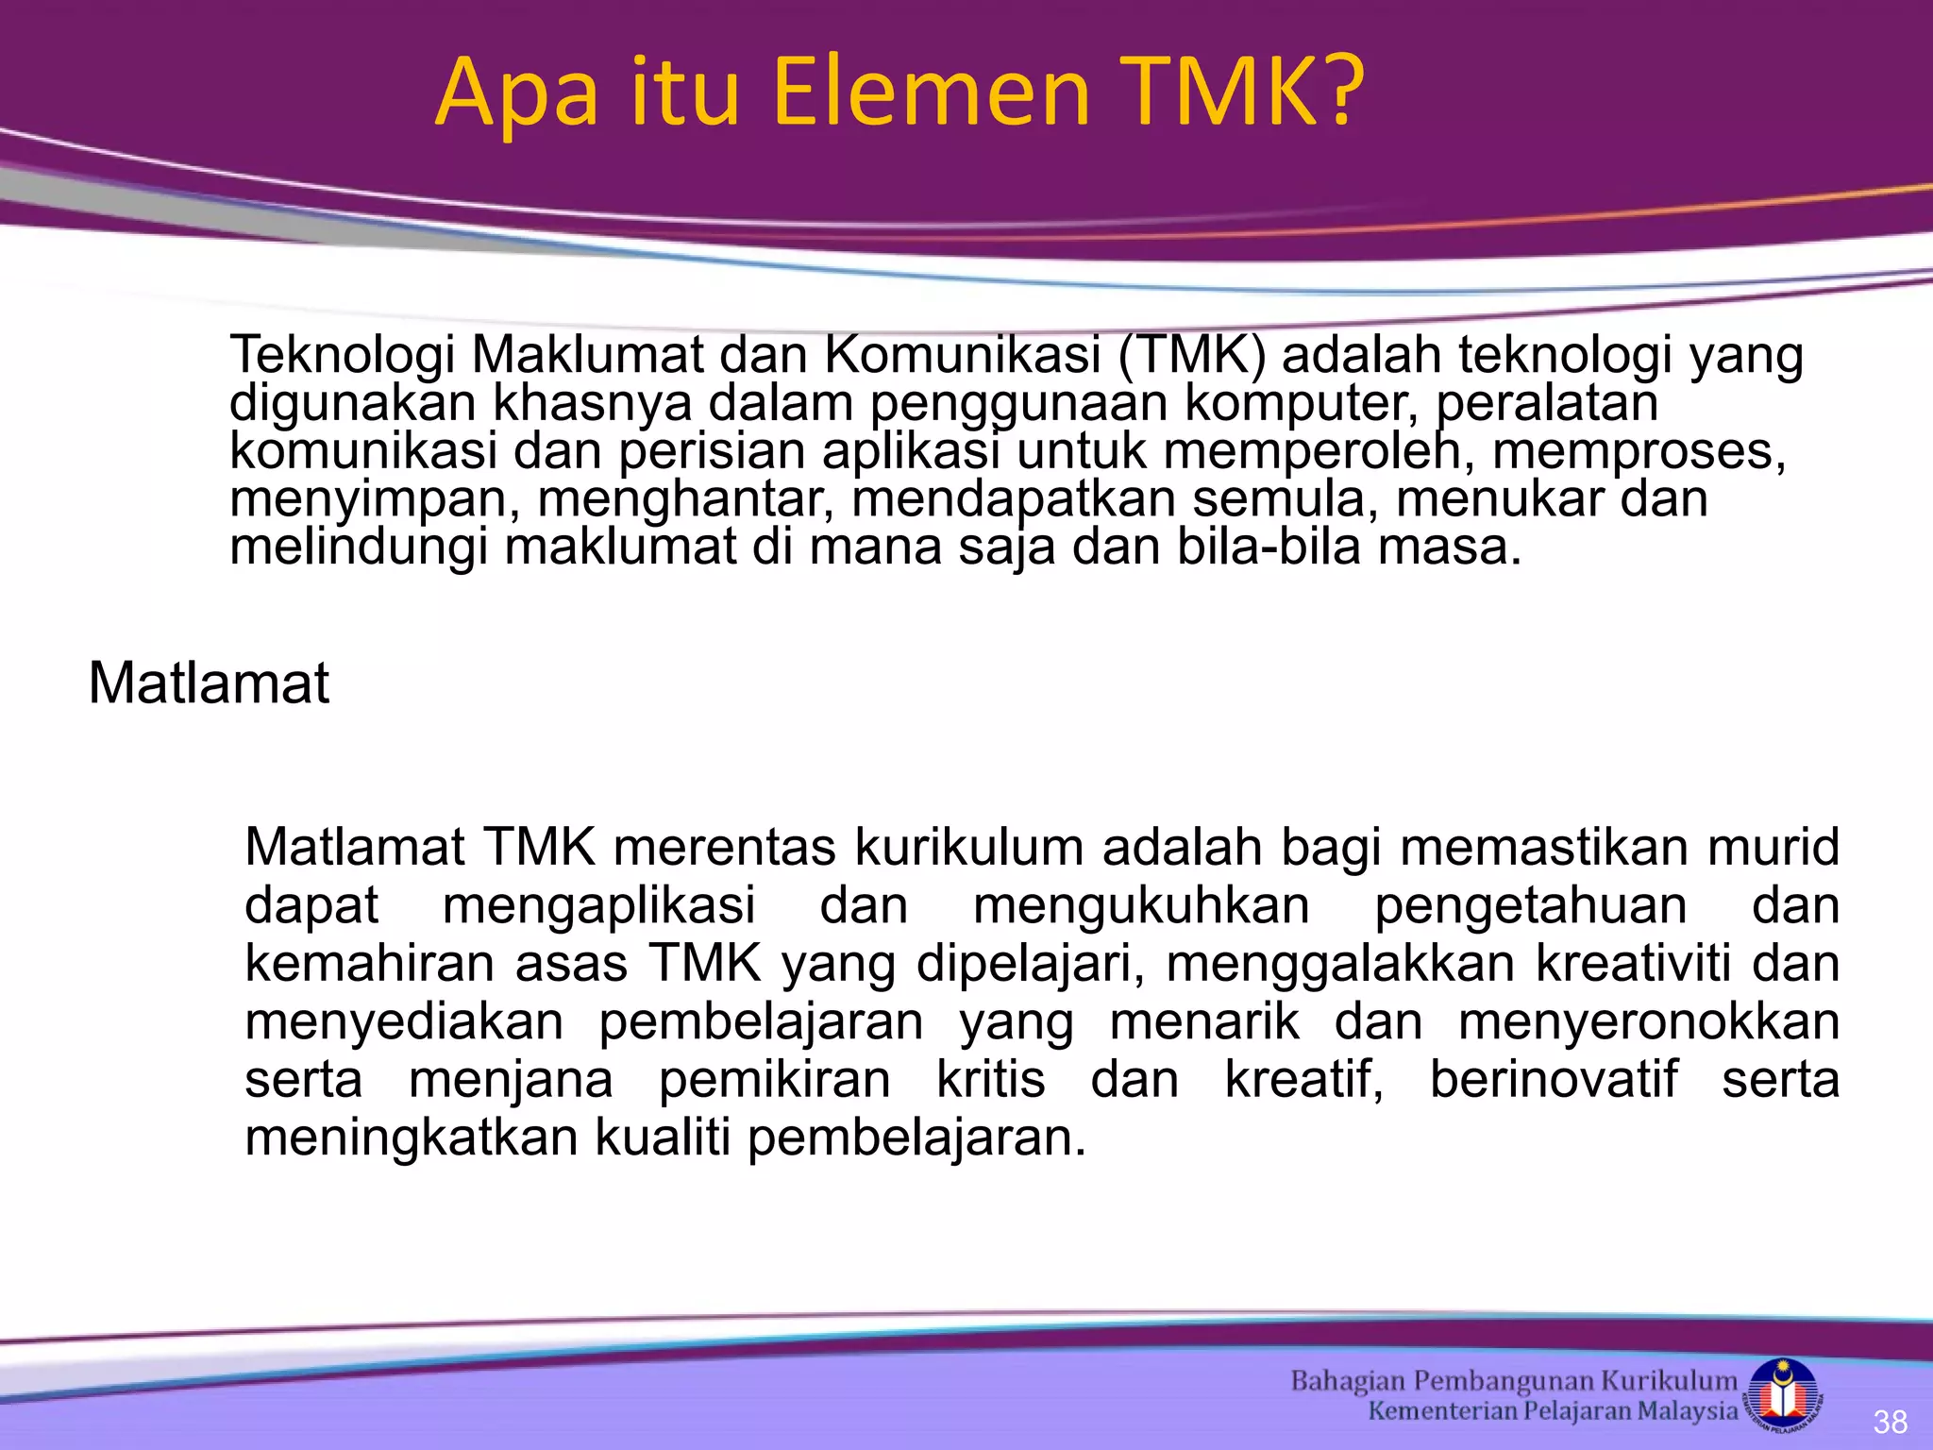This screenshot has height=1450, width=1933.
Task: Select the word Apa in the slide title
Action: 516,94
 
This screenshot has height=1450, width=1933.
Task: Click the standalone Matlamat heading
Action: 209,683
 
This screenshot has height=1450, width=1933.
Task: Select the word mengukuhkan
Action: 1141,905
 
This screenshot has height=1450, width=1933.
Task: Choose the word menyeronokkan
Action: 1648,1021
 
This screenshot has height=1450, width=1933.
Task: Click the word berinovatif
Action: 1554,1079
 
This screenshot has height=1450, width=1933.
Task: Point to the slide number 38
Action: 1891,1422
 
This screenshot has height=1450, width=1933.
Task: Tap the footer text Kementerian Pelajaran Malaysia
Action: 1553,1411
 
